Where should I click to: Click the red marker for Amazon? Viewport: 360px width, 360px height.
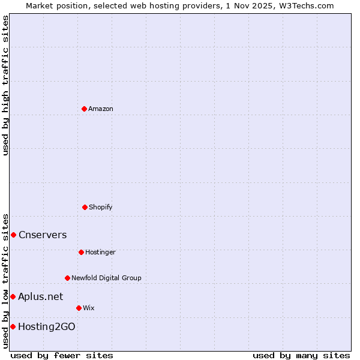click(84, 109)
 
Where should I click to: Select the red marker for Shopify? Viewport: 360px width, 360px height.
click(85, 207)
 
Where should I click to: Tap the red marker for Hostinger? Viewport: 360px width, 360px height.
click(81, 252)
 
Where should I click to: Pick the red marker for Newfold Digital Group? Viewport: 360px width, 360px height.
click(67, 278)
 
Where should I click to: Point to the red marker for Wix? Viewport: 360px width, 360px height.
click(79, 308)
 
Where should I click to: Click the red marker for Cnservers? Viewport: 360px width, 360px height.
click(13, 235)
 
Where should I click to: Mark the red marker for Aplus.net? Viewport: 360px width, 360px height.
click(13, 296)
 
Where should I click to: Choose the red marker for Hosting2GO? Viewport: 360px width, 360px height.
click(13, 326)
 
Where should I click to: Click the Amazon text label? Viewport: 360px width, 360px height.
click(101, 109)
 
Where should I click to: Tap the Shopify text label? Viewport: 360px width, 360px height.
click(101, 207)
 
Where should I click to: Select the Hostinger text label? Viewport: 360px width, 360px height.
click(100, 252)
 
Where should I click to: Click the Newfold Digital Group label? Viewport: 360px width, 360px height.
click(106, 278)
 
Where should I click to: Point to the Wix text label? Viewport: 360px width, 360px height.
click(89, 308)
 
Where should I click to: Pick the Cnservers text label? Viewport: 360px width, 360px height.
click(43, 235)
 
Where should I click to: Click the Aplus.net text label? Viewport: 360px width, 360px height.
click(40, 296)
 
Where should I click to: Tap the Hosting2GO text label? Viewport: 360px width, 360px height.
click(47, 326)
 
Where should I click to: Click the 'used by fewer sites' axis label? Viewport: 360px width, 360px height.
click(62, 355)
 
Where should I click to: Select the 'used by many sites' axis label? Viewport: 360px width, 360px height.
click(301, 355)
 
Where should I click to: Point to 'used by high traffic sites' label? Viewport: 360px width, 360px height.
click(5, 85)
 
